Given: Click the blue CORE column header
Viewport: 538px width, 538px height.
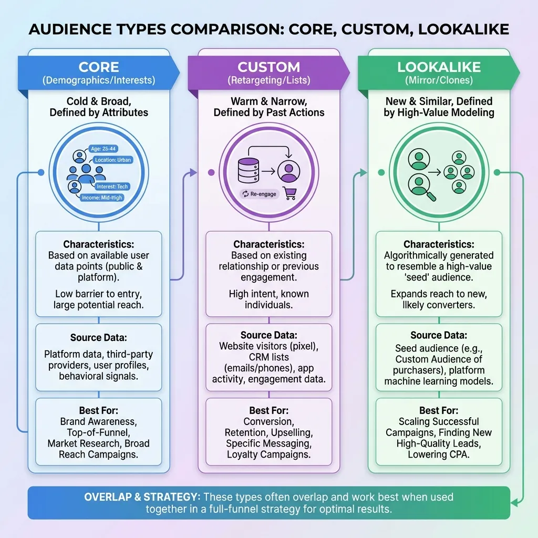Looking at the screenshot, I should point(98,73).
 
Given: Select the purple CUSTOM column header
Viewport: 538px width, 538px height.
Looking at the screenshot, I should point(268,73).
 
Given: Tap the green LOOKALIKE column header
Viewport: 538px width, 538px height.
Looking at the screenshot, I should point(439,73).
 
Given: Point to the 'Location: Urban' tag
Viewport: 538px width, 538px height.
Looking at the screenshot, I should point(112,160).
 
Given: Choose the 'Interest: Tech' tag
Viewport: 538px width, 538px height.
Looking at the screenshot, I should point(112,187).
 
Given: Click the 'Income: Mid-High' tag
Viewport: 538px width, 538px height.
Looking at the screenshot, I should point(102,198).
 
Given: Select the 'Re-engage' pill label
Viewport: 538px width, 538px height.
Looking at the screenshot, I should point(259,194).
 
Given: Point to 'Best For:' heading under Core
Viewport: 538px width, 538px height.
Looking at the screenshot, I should point(98,410).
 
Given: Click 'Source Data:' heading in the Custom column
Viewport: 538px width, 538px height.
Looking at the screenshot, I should point(268,335).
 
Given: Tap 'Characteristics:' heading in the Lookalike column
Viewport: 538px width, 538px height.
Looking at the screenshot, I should point(439,244).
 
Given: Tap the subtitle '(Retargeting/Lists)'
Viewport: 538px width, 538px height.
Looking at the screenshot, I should point(268,81).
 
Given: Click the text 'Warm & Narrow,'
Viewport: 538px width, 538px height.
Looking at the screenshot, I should point(268,101).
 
